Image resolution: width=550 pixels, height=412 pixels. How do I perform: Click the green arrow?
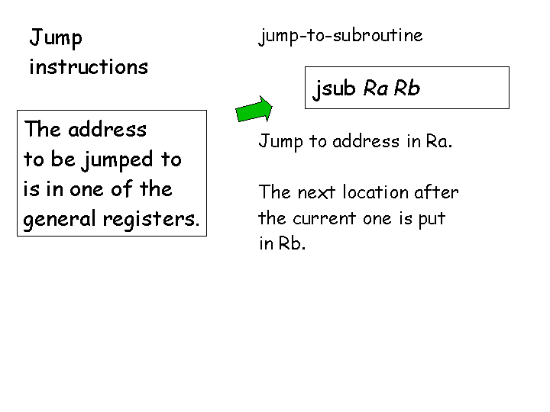(254, 109)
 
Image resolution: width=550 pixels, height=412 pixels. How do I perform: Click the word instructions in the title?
(88, 67)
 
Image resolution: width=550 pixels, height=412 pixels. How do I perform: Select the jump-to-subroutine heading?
(341, 36)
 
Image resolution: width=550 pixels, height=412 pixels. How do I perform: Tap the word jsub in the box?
(335, 89)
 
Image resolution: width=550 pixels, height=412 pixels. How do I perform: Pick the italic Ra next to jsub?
(376, 89)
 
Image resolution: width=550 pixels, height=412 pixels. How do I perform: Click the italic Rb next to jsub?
(407, 89)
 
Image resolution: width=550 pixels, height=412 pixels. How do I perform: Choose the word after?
(437, 193)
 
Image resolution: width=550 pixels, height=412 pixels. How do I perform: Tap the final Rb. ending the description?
(293, 244)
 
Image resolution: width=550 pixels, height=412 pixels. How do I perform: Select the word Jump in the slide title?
(56, 38)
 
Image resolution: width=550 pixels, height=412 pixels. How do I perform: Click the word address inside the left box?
(107, 130)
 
